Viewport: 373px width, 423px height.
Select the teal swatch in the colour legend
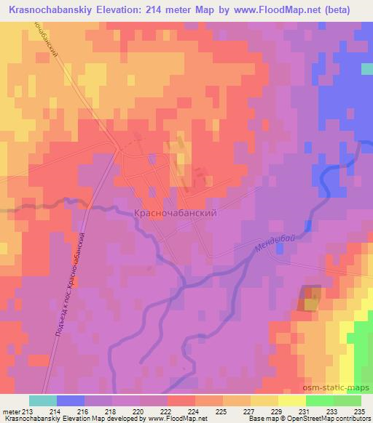click(43, 400)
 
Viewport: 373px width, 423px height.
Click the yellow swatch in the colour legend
click(291, 400)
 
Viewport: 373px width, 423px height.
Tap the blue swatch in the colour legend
click(71, 400)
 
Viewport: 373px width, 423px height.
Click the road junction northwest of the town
click(119, 148)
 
